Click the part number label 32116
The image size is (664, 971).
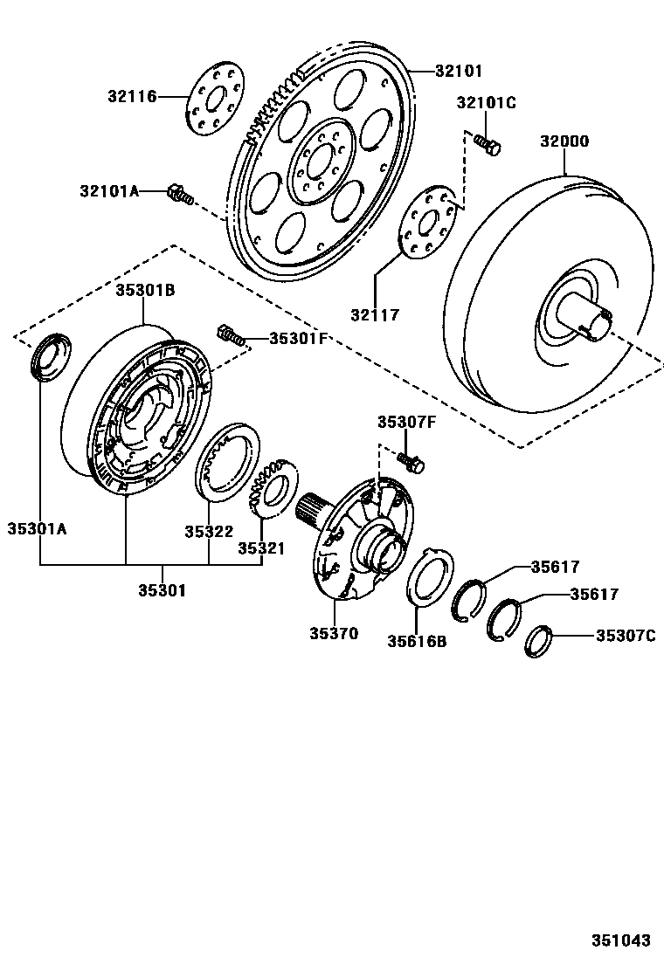(x=133, y=96)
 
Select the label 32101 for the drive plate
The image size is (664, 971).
(x=460, y=71)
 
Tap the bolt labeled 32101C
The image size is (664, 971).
(x=487, y=143)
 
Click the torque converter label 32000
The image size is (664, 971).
(x=564, y=141)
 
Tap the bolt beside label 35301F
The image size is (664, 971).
(x=229, y=334)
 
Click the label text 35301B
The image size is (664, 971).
(x=145, y=291)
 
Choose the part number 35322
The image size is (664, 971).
(x=208, y=531)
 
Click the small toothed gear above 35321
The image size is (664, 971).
(x=273, y=487)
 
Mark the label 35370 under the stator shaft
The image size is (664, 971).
(x=333, y=634)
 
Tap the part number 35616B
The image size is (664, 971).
(x=417, y=642)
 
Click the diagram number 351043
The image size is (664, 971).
(x=621, y=940)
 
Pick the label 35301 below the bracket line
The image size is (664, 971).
(x=162, y=590)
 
